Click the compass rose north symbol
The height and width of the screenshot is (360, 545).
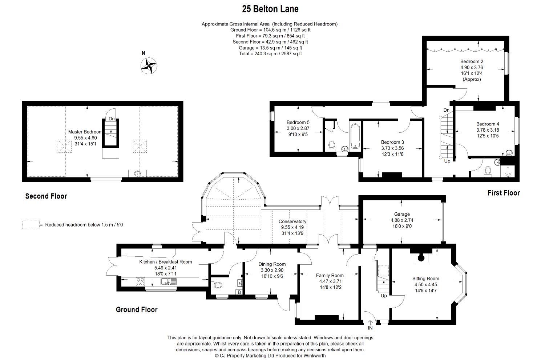pyautogui.click(x=149, y=65)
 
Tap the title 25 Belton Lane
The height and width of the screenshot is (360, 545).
pyautogui.click(x=270, y=9)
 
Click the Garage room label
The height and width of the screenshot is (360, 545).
pyautogui.click(x=402, y=214)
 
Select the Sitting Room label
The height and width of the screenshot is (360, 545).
pyautogui.click(x=425, y=279)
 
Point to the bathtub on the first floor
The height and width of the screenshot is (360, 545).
pyautogui.click(x=355, y=136)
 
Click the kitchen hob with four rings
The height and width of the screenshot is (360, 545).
pyautogui.click(x=140, y=281)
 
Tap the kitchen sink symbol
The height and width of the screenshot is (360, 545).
pyautogui.click(x=168, y=282)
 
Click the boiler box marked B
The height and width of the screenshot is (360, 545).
pyautogui.click(x=239, y=292)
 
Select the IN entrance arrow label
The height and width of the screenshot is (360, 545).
pyautogui.click(x=370, y=328)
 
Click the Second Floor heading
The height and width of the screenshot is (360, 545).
pyautogui.click(x=46, y=196)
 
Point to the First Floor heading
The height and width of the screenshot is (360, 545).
pyautogui.click(x=503, y=193)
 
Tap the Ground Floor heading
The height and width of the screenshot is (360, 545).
pyautogui.click(x=137, y=309)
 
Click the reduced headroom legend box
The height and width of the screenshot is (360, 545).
pyautogui.click(x=31, y=225)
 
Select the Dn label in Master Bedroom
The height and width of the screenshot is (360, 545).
pyautogui.click(x=112, y=119)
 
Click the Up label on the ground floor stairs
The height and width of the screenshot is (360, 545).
pyautogui.click(x=384, y=296)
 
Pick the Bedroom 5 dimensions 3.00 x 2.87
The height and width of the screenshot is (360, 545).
pyautogui.click(x=298, y=128)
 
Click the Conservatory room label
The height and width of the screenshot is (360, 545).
pyautogui.click(x=292, y=221)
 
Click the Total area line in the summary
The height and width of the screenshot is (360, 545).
pyautogui.click(x=270, y=53)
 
